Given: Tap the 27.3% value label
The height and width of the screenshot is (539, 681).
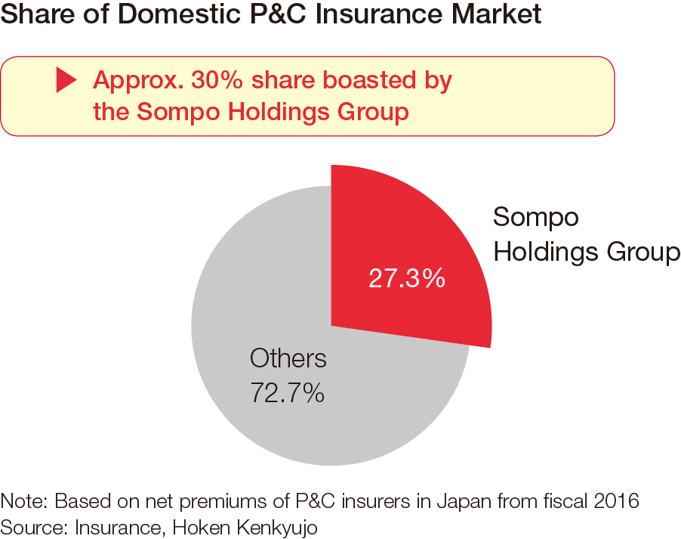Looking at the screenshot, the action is pyautogui.click(x=407, y=278).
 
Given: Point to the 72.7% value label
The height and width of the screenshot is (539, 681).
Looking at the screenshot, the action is pyautogui.click(x=287, y=393).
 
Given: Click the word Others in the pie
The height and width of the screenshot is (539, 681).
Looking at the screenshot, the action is pyautogui.click(x=288, y=358).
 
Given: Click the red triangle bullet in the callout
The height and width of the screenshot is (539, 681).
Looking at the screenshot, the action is pyautogui.click(x=66, y=80).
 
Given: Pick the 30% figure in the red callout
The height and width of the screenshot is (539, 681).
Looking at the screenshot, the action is pyautogui.click(x=217, y=80).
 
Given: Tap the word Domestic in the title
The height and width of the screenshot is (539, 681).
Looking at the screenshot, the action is pyautogui.click(x=178, y=14).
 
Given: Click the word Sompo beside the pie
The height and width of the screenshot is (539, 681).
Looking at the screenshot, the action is pyautogui.click(x=536, y=217).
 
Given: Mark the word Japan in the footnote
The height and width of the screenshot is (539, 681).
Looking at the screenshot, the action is pyautogui.click(x=464, y=502).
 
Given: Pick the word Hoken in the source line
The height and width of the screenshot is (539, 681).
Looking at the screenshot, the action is pyautogui.click(x=201, y=528).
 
